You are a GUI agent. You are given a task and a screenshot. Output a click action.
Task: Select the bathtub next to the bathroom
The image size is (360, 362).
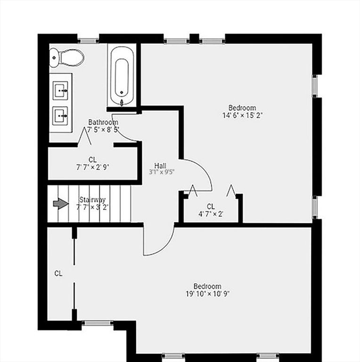pyautogui.click(x=122, y=77)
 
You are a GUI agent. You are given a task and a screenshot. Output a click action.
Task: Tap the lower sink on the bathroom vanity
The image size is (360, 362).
pyautogui.click(x=60, y=115)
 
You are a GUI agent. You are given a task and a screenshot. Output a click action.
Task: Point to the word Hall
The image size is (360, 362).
pyautogui.click(x=160, y=165)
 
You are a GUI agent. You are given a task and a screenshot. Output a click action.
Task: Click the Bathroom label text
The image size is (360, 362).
pyautogui.click(x=103, y=123)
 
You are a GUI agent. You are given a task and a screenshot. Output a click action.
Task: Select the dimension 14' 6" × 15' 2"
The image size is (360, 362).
pyautogui.click(x=242, y=115)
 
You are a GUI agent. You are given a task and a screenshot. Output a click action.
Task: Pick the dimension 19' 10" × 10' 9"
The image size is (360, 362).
pyautogui.click(x=207, y=293)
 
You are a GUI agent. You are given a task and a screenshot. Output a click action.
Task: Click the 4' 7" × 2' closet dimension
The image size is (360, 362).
pyautogui.click(x=211, y=214)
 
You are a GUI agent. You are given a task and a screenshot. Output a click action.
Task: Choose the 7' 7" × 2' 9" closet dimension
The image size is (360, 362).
pyautogui.click(x=92, y=166)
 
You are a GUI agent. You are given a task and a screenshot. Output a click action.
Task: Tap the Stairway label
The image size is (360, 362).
pyautogui.click(x=92, y=199)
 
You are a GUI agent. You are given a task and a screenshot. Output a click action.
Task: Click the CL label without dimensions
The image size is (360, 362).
pyautogui.click(x=58, y=273)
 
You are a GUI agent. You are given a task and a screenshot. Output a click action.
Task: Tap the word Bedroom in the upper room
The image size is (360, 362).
pyautogui.click(x=242, y=108)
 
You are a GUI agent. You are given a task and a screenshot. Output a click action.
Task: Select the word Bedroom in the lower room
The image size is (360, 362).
pyautogui.click(x=207, y=286)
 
